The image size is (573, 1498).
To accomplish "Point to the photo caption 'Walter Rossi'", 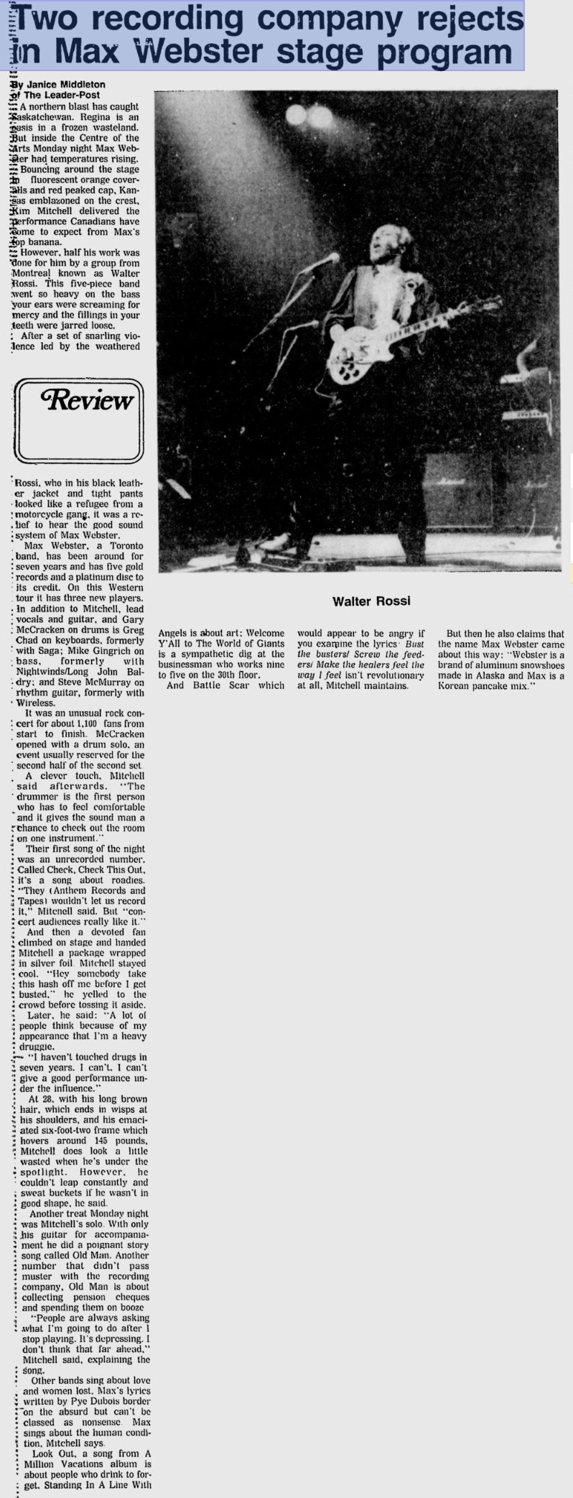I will click(371, 601).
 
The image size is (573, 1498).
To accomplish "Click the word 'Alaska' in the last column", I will click(489, 675).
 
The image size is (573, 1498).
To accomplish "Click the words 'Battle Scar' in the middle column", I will click(215, 685).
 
